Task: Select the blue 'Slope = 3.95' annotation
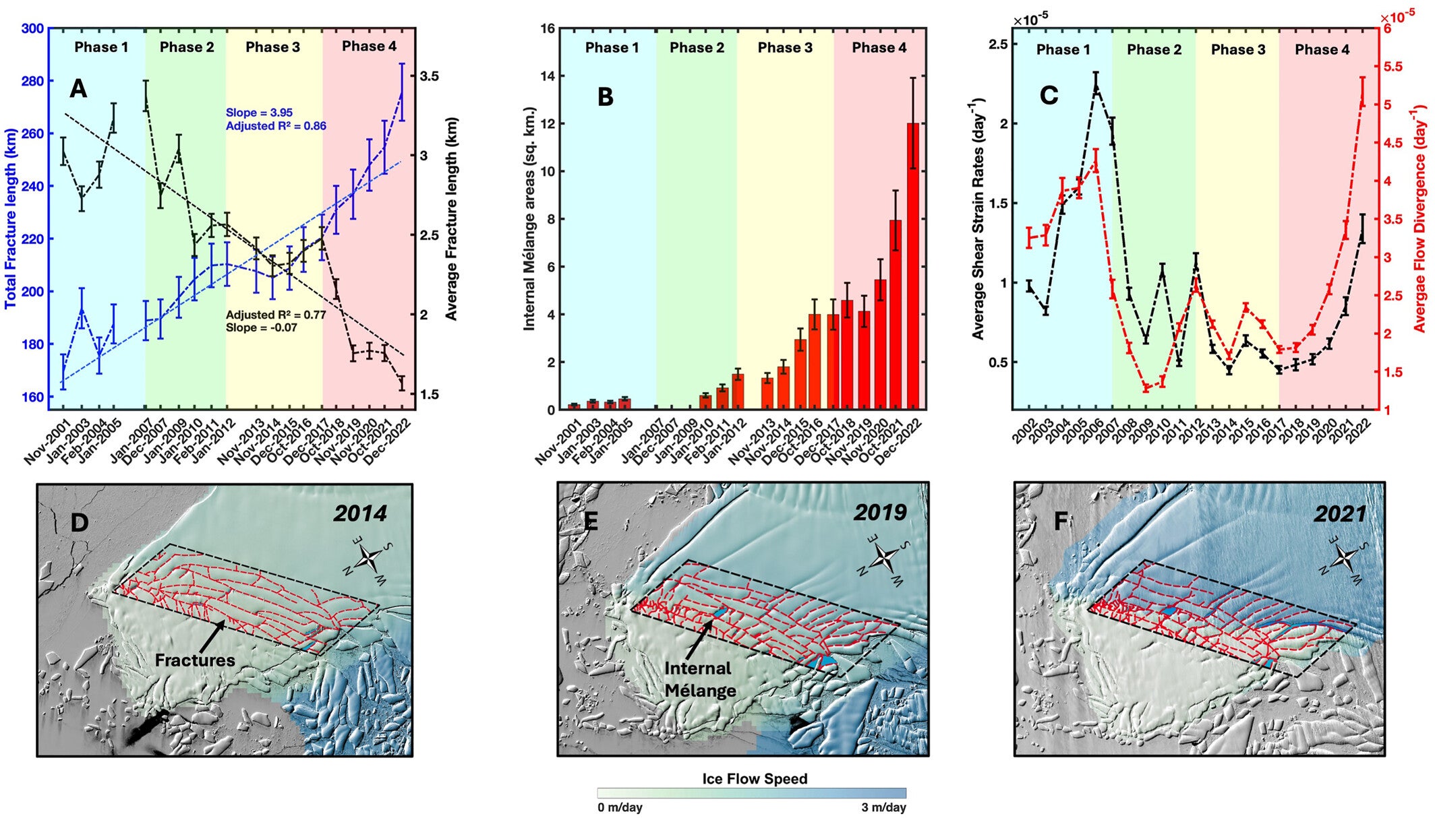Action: pyautogui.click(x=259, y=113)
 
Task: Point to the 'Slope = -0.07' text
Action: pyautogui.click(x=261, y=327)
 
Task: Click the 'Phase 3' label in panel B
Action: pyautogui.click(x=785, y=48)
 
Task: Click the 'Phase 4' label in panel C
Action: pyautogui.click(x=1322, y=50)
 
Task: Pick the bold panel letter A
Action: pyautogui.click(x=78, y=89)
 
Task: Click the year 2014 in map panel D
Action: pyautogui.click(x=360, y=513)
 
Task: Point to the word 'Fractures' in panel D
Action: pyautogui.click(x=195, y=660)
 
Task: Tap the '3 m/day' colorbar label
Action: pyautogui.click(x=883, y=807)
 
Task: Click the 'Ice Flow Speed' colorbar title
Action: pyautogui.click(x=755, y=779)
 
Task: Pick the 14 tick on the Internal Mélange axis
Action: pyautogui.click(x=547, y=76)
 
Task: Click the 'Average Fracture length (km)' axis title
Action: pyautogui.click(x=451, y=218)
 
